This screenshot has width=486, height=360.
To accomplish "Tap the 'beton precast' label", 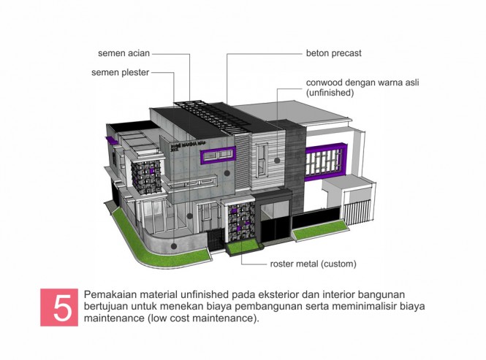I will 333,53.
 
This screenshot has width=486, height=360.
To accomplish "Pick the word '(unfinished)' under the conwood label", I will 330,93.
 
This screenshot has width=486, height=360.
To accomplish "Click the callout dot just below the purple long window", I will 227,174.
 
